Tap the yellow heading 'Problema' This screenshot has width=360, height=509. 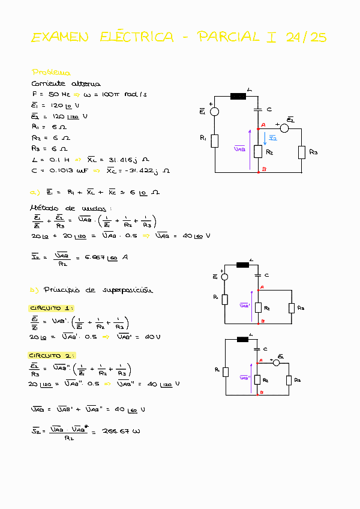click(x=51, y=72)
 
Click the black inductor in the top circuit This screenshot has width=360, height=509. click(x=238, y=96)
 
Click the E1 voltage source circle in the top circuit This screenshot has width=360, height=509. click(x=214, y=111)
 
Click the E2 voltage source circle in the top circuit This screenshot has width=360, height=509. click(x=285, y=128)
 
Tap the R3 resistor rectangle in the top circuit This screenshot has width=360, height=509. click(x=302, y=152)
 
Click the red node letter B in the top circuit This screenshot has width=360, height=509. click(x=264, y=170)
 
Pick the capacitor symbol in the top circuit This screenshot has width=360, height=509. click(x=259, y=110)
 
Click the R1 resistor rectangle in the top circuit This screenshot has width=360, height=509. click(x=215, y=141)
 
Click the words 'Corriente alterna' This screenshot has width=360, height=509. click(x=66, y=84)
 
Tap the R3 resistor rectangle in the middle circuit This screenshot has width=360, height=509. click(x=291, y=309)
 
